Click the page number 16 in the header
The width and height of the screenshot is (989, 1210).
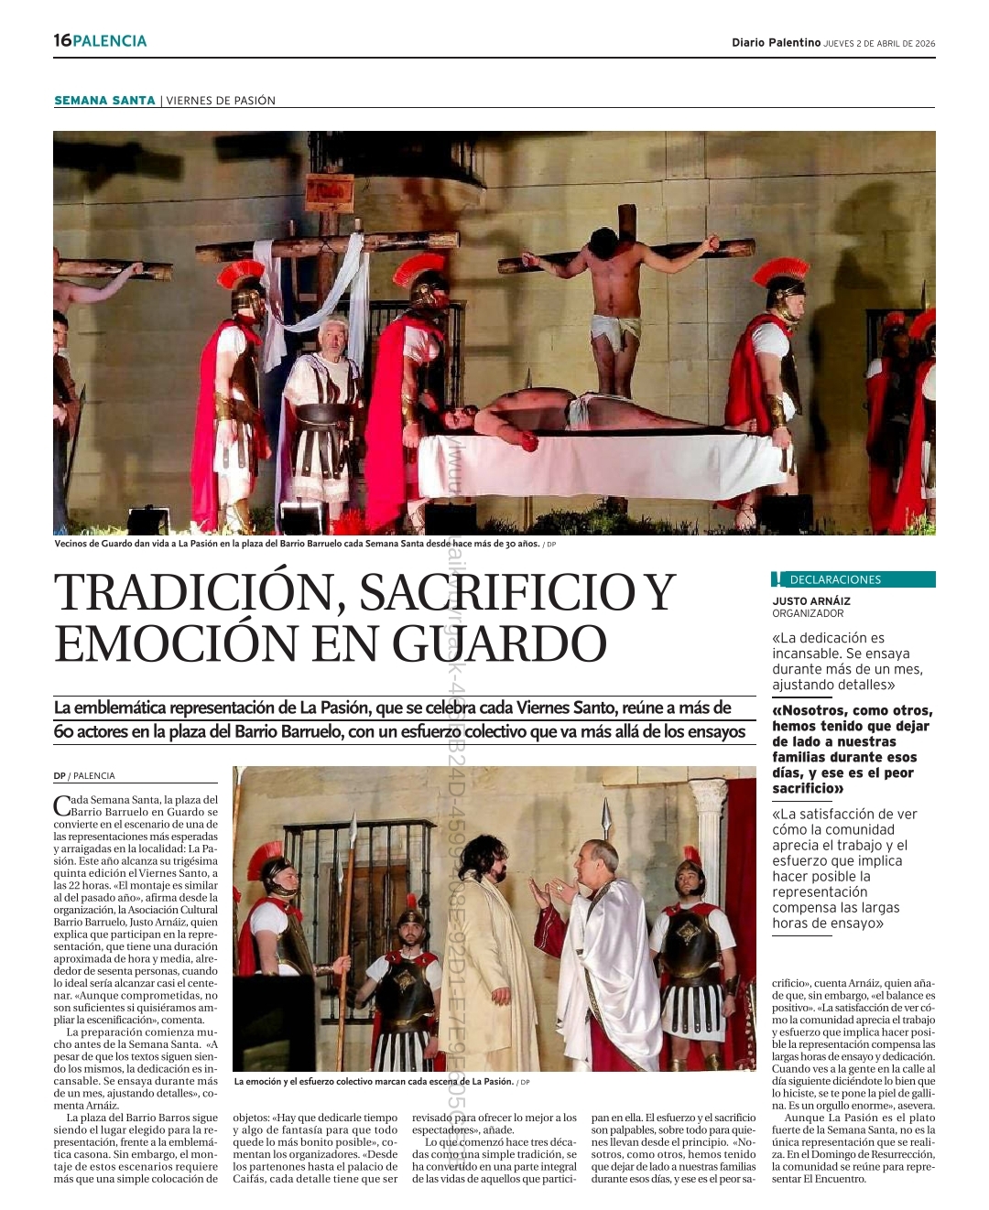coord(61,40)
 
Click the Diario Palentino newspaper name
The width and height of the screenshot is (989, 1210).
coord(776,42)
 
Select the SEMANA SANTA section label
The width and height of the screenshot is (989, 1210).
coord(104,101)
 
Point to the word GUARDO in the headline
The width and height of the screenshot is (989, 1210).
coord(500,643)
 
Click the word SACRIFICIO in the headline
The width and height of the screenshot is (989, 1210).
coord(496,592)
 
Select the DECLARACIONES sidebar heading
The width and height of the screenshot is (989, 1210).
coord(834,579)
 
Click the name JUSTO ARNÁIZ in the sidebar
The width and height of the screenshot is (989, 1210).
coord(810,601)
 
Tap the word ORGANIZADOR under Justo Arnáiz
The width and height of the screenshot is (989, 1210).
coord(807,613)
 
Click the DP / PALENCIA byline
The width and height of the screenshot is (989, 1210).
coord(84,776)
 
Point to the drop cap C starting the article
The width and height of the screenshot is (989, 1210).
coord(61,805)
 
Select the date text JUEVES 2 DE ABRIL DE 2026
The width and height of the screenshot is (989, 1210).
coord(879,43)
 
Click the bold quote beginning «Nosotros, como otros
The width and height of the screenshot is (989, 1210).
coord(851,749)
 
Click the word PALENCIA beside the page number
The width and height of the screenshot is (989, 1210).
coord(109,40)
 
